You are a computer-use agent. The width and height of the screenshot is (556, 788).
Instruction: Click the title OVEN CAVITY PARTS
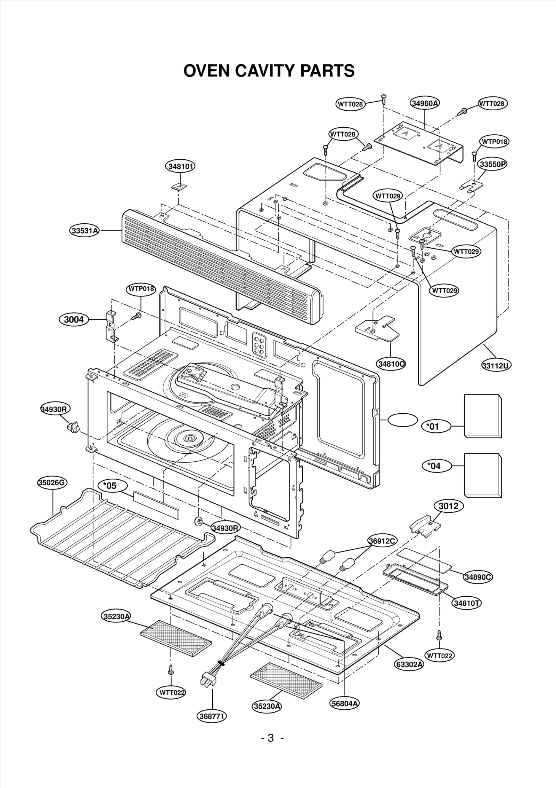269,71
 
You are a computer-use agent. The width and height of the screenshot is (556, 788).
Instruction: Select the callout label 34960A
425,103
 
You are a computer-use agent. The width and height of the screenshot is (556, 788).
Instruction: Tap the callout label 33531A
84,230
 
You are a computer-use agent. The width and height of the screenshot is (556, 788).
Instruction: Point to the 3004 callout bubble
74,319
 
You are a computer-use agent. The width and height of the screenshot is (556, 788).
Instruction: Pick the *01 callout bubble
435,426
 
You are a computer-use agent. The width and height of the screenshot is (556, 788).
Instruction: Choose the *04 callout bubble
436,466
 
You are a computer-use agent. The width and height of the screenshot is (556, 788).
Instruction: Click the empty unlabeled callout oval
402,420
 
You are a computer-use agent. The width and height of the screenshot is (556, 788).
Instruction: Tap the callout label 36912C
383,541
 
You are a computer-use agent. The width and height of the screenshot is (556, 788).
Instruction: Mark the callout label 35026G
52,483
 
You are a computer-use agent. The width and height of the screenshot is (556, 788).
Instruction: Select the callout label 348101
180,166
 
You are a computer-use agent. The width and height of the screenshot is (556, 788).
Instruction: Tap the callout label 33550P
492,164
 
